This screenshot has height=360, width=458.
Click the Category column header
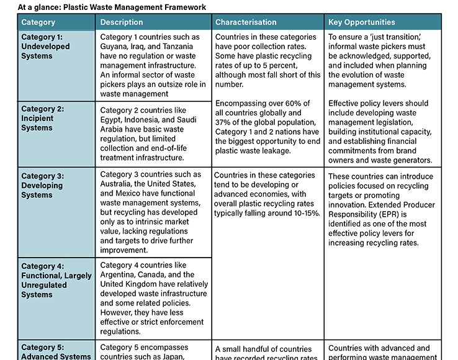38,22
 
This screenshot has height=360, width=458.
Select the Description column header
122,22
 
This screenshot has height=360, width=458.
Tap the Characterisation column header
246,22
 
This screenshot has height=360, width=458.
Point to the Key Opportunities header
362,22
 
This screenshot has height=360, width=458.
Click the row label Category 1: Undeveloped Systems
46,46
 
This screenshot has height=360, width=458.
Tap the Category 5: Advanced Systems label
56,352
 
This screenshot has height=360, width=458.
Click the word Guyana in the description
114,47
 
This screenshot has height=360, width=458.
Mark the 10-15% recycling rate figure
303,213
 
